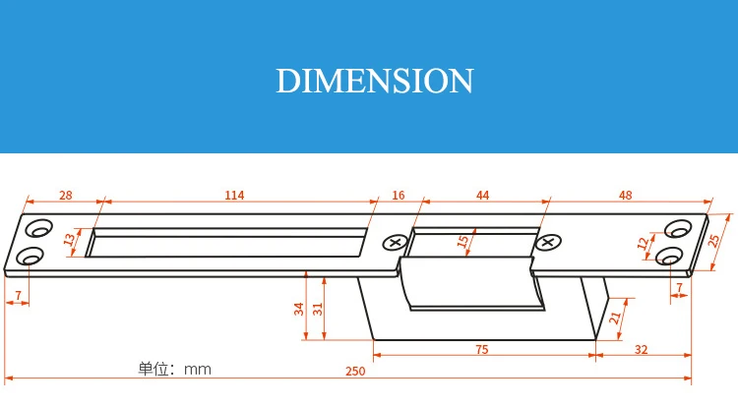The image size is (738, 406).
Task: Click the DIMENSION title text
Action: [374, 81]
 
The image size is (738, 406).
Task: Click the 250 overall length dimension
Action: [355, 372]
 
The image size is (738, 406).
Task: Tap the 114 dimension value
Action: [234, 195]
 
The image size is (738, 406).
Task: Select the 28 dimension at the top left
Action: [66, 195]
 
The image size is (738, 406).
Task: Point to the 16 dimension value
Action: [399, 195]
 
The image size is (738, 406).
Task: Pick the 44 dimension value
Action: [483, 195]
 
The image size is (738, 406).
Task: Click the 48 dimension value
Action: [626, 195]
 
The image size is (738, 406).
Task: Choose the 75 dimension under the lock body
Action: [482, 350]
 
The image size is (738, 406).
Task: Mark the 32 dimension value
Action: [641, 350]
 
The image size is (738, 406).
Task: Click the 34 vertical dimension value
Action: [299, 309]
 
